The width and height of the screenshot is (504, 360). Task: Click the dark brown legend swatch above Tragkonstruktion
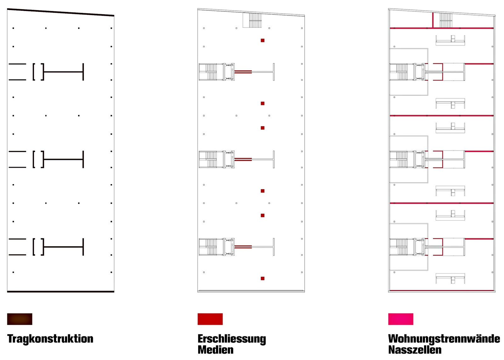(x=20, y=319)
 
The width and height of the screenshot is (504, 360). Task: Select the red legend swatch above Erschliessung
(x=210, y=319)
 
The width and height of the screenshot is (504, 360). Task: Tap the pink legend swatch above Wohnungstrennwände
(x=401, y=319)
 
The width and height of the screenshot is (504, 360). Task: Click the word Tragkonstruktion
(x=50, y=339)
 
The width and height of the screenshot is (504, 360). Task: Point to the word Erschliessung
(x=232, y=339)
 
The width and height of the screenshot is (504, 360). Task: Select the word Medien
(x=216, y=350)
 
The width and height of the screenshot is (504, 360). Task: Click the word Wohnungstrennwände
(x=444, y=339)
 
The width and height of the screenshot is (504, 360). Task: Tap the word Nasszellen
(x=415, y=350)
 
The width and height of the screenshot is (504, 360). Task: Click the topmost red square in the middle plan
(x=262, y=40)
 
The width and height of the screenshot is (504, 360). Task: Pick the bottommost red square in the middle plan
(x=262, y=278)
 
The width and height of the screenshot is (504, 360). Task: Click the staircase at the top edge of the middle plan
(x=252, y=20)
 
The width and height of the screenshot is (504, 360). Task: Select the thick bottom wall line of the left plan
(x=60, y=292)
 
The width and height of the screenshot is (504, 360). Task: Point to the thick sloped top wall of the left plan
(x=60, y=12)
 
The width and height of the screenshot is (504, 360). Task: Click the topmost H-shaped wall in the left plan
(x=63, y=72)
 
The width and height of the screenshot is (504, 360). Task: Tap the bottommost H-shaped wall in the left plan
(x=63, y=247)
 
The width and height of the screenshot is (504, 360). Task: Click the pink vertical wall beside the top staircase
(x=433, y=20)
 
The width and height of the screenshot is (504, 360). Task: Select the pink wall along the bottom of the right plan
(x=442, y=290)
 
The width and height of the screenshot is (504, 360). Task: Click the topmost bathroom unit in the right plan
(x=450, y=40)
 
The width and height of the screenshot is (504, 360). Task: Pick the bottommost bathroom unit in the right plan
(x=450, y=278)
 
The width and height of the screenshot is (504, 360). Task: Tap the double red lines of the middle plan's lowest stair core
(x=243, y=247)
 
